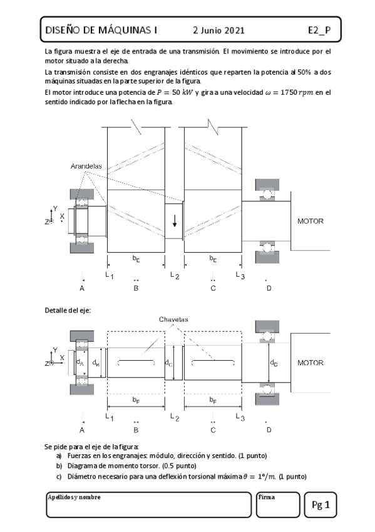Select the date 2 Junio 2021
pos(218,30)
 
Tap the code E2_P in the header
pos(319,29)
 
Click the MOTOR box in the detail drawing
pos(310,363)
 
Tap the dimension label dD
pos(274,363)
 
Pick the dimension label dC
pos(169,363)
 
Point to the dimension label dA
pos(80,362)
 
